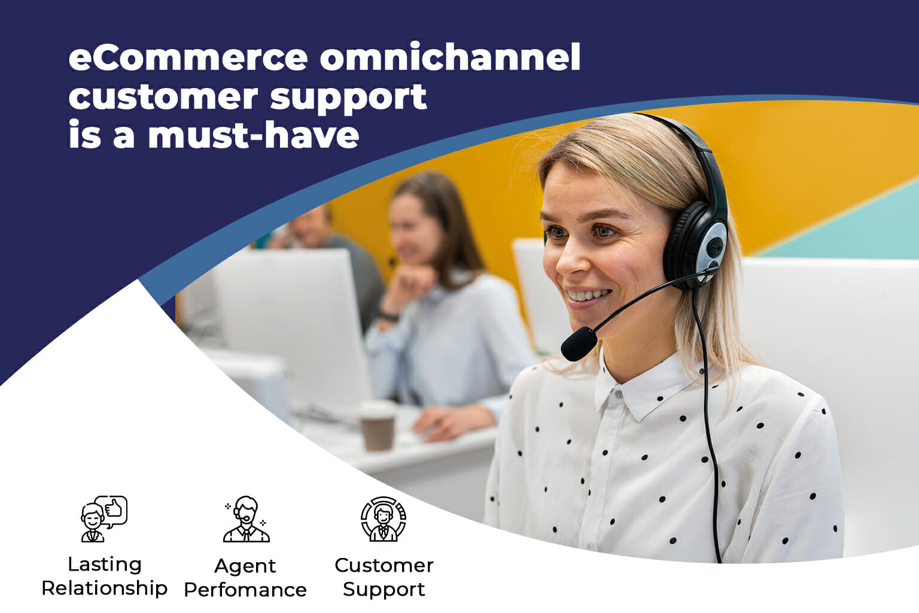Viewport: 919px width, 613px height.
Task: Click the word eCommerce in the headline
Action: coord(188,58)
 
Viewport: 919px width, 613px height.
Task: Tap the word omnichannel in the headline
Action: coord(450,58)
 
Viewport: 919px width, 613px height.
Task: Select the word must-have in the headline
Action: coord(253,135)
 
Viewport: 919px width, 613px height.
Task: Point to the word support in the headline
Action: coord(348,98)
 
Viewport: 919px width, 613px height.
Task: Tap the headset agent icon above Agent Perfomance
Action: coord(246,519)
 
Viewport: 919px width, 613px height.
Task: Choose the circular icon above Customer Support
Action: coord(384,519)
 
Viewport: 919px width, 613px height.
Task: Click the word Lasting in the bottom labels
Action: coord(105,564)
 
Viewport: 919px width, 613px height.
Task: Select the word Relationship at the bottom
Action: coord(104,588)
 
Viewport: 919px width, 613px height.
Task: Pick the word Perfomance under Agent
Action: coord(245,590)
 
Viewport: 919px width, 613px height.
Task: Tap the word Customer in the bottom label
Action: coord(384,565)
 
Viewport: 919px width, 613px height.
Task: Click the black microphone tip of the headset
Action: coord(578,344)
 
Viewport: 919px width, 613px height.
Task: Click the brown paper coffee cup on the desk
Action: coord(378,427)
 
